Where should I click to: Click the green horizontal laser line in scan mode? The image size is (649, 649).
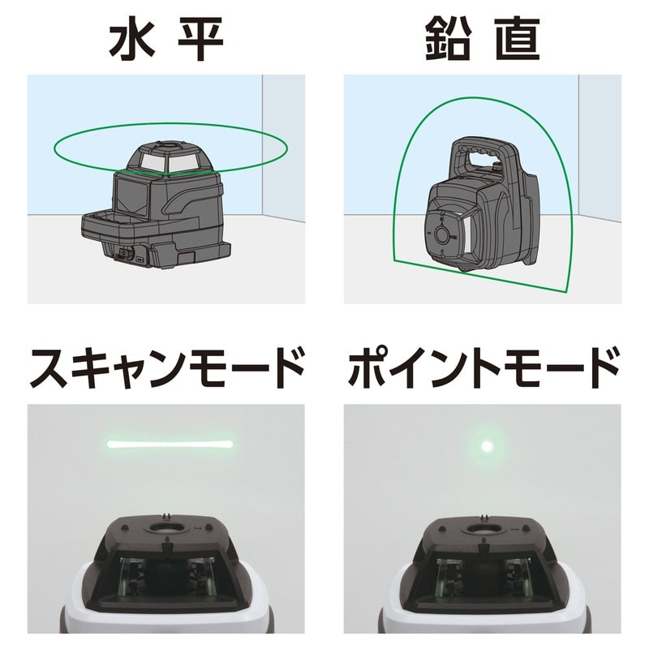[x=170, y=444]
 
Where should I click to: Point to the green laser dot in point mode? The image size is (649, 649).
[x=487, y=445]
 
